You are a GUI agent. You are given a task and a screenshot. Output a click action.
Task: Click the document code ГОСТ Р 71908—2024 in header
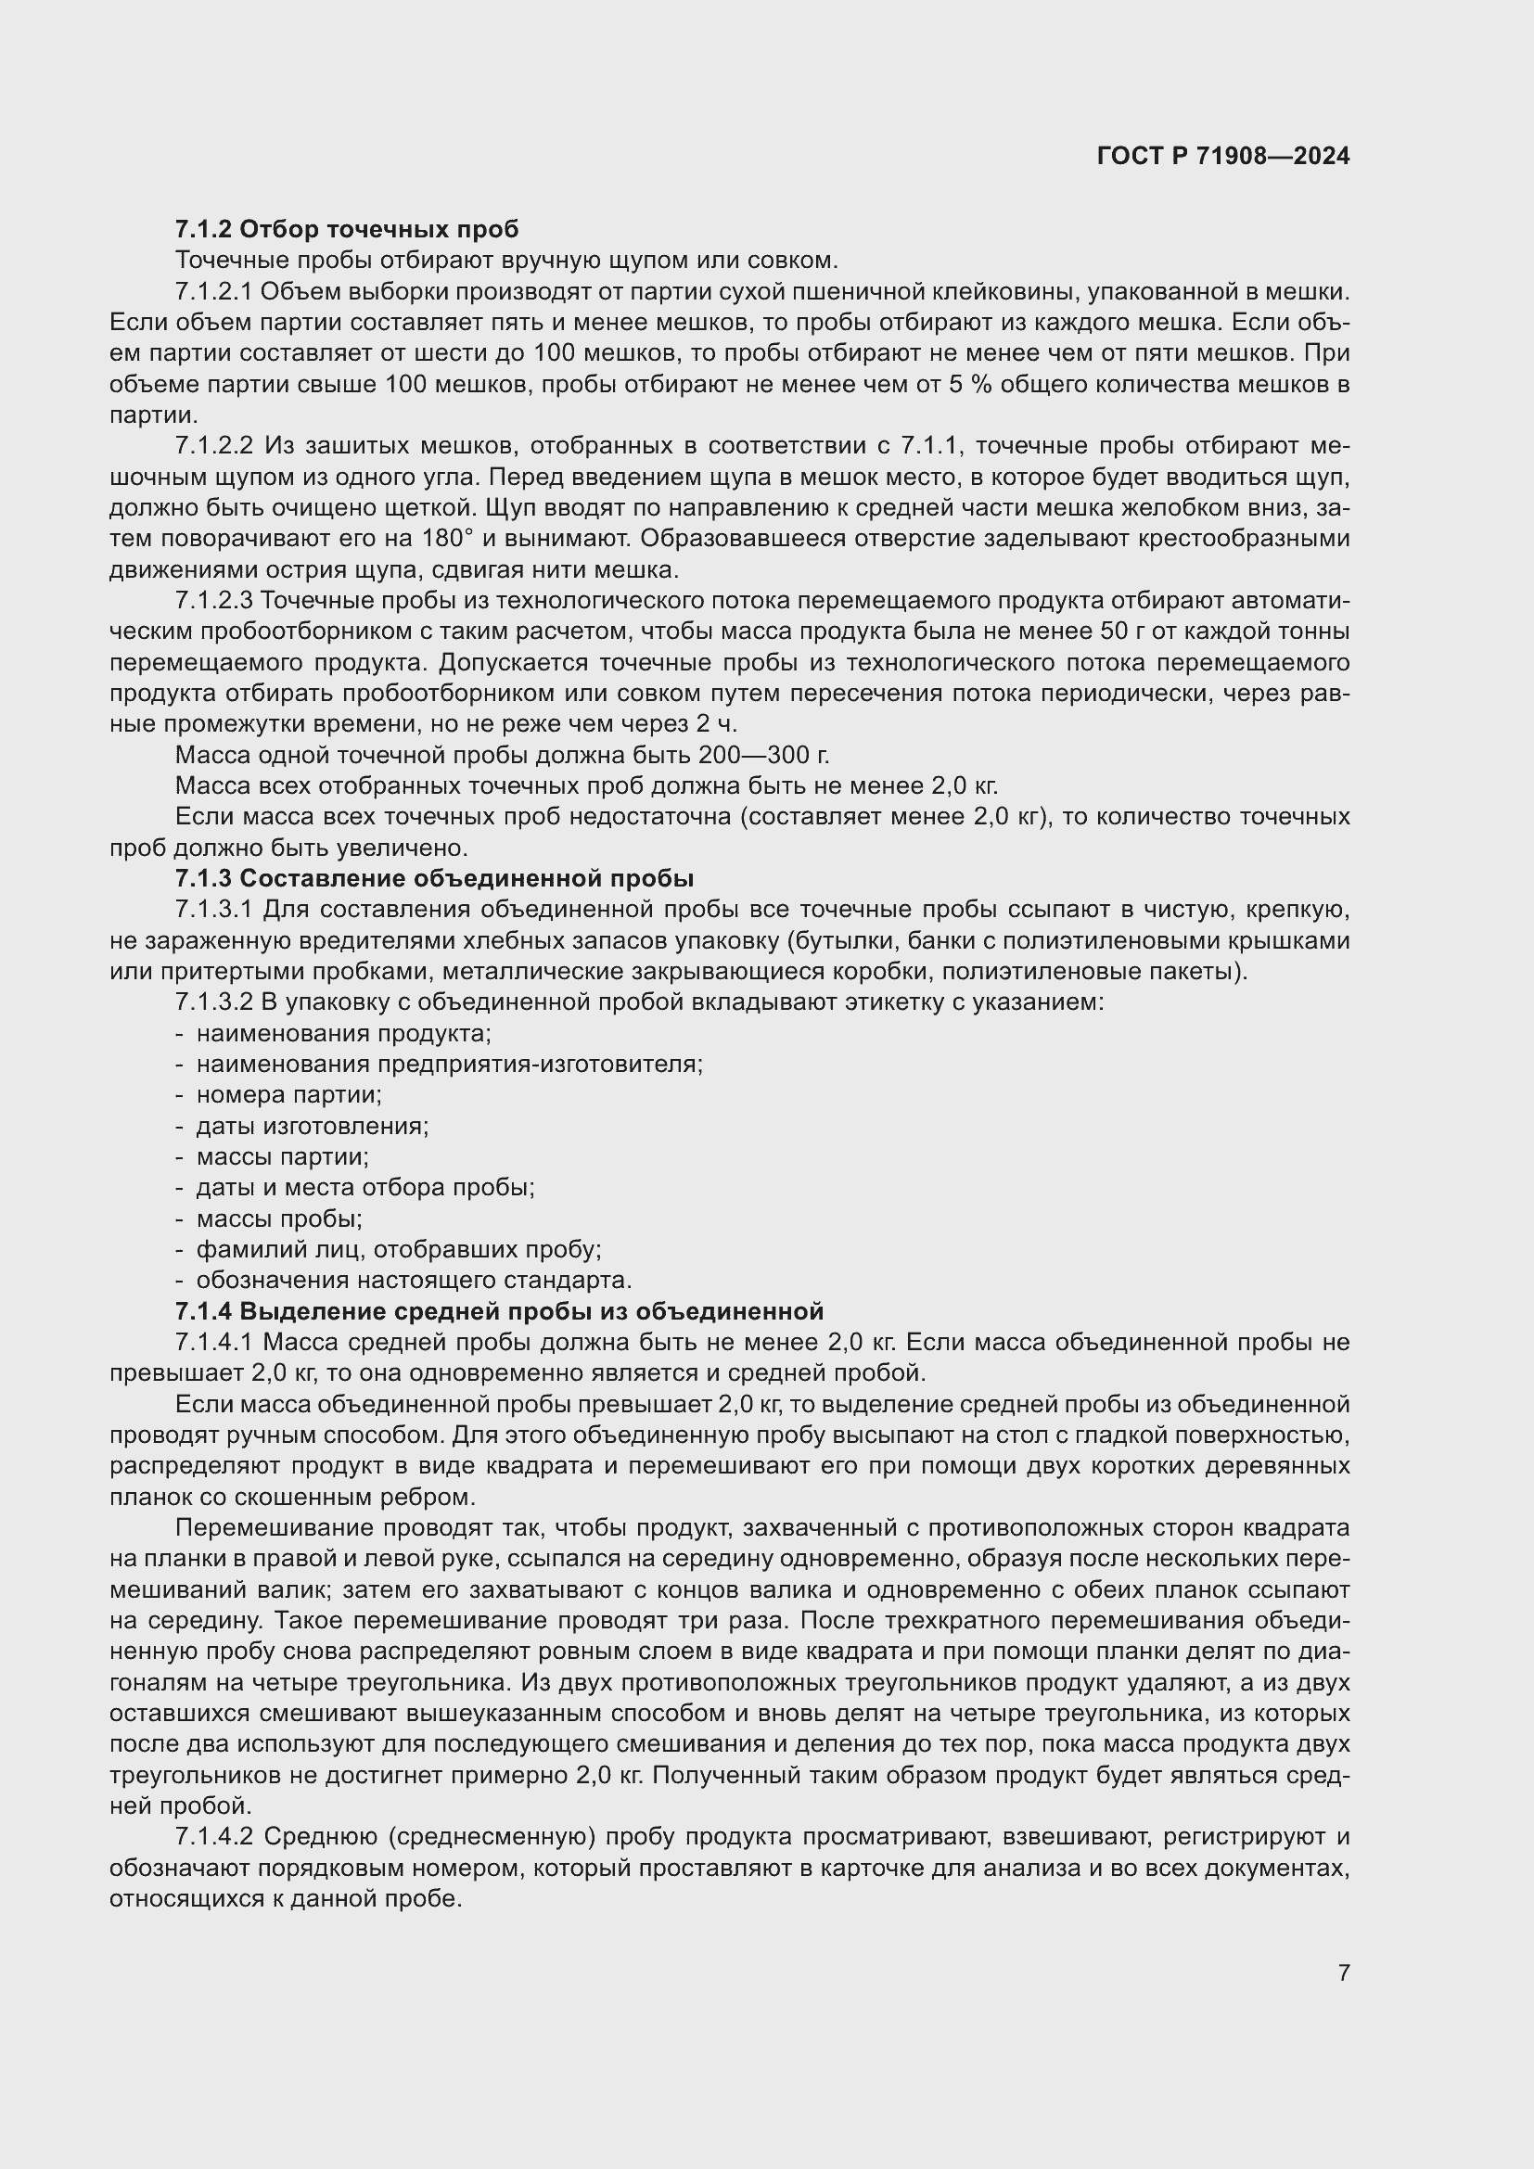[x=1222, y=157]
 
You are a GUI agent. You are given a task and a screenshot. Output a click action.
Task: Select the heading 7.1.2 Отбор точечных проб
[x=347, y=229]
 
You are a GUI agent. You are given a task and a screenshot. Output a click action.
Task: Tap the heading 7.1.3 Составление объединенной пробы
[x=434, y=878]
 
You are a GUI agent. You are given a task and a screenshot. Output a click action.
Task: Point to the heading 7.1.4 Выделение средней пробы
[x=499, y=1311]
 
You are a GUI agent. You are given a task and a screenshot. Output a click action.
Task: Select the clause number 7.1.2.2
[x=214, y=446]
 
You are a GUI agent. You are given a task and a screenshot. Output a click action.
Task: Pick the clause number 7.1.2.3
[x=214, y=601]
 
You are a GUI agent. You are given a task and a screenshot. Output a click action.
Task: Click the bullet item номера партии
[x=288, y=1095]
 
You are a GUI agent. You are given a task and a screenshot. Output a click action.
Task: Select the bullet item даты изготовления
[x=312, y=1126]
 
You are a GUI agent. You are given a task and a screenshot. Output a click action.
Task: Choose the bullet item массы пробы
[x=278, y=1218]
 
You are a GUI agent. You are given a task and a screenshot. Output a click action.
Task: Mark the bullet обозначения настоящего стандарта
[x=413, y=1280]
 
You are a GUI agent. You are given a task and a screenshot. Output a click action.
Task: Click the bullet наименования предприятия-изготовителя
[x=449, y=1064]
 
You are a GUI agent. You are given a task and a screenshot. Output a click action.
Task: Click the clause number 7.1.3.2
[x=214, y=1002]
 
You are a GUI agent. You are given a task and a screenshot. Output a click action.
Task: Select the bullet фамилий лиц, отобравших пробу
[x=398, y=1250]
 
